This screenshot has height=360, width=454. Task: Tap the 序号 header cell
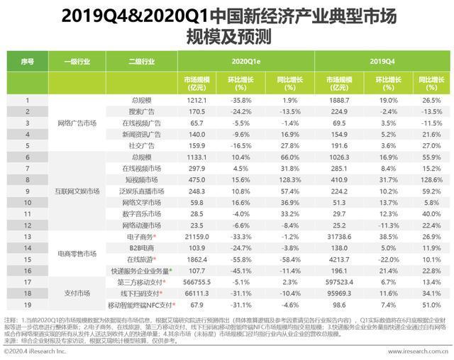(27, 62)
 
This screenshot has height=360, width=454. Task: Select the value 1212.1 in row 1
(197, 101)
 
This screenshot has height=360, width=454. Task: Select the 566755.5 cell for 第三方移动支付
(197, 281)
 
